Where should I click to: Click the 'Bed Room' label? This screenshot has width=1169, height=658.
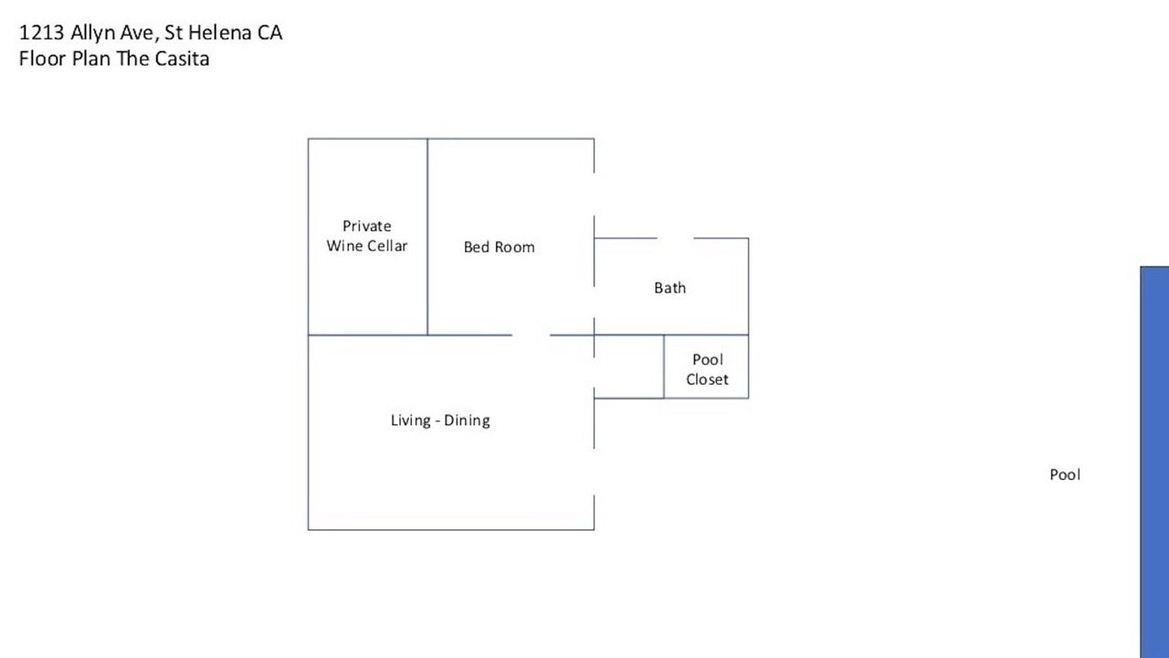coord(499,247)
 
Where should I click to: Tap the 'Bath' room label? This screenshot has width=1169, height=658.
coord(670,288)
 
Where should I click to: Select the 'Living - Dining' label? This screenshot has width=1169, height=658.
coord(440,420)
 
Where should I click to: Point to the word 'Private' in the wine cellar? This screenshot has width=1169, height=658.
coord(367,226)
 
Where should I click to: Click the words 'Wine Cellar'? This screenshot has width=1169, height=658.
coord(367,246)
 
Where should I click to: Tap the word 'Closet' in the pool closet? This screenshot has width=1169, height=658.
coord(707,379)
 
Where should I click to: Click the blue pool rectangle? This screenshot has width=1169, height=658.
coord(1154,462)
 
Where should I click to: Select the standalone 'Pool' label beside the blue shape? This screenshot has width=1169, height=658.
coord(1065,474)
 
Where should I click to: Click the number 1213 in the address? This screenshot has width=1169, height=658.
coord(42,33)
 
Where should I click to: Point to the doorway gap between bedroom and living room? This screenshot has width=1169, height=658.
coord(531,335)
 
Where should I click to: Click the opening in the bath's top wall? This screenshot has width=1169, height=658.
coord(675,239)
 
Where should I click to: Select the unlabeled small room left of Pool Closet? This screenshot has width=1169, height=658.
coord(629,366)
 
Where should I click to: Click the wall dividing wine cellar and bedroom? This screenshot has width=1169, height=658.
coord(427,237)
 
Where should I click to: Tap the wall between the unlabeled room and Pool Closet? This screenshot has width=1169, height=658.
coord(664,366)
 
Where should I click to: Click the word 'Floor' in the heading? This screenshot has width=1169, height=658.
coord(42,58)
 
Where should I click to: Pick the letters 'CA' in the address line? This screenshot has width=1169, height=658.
coord(269,33)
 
